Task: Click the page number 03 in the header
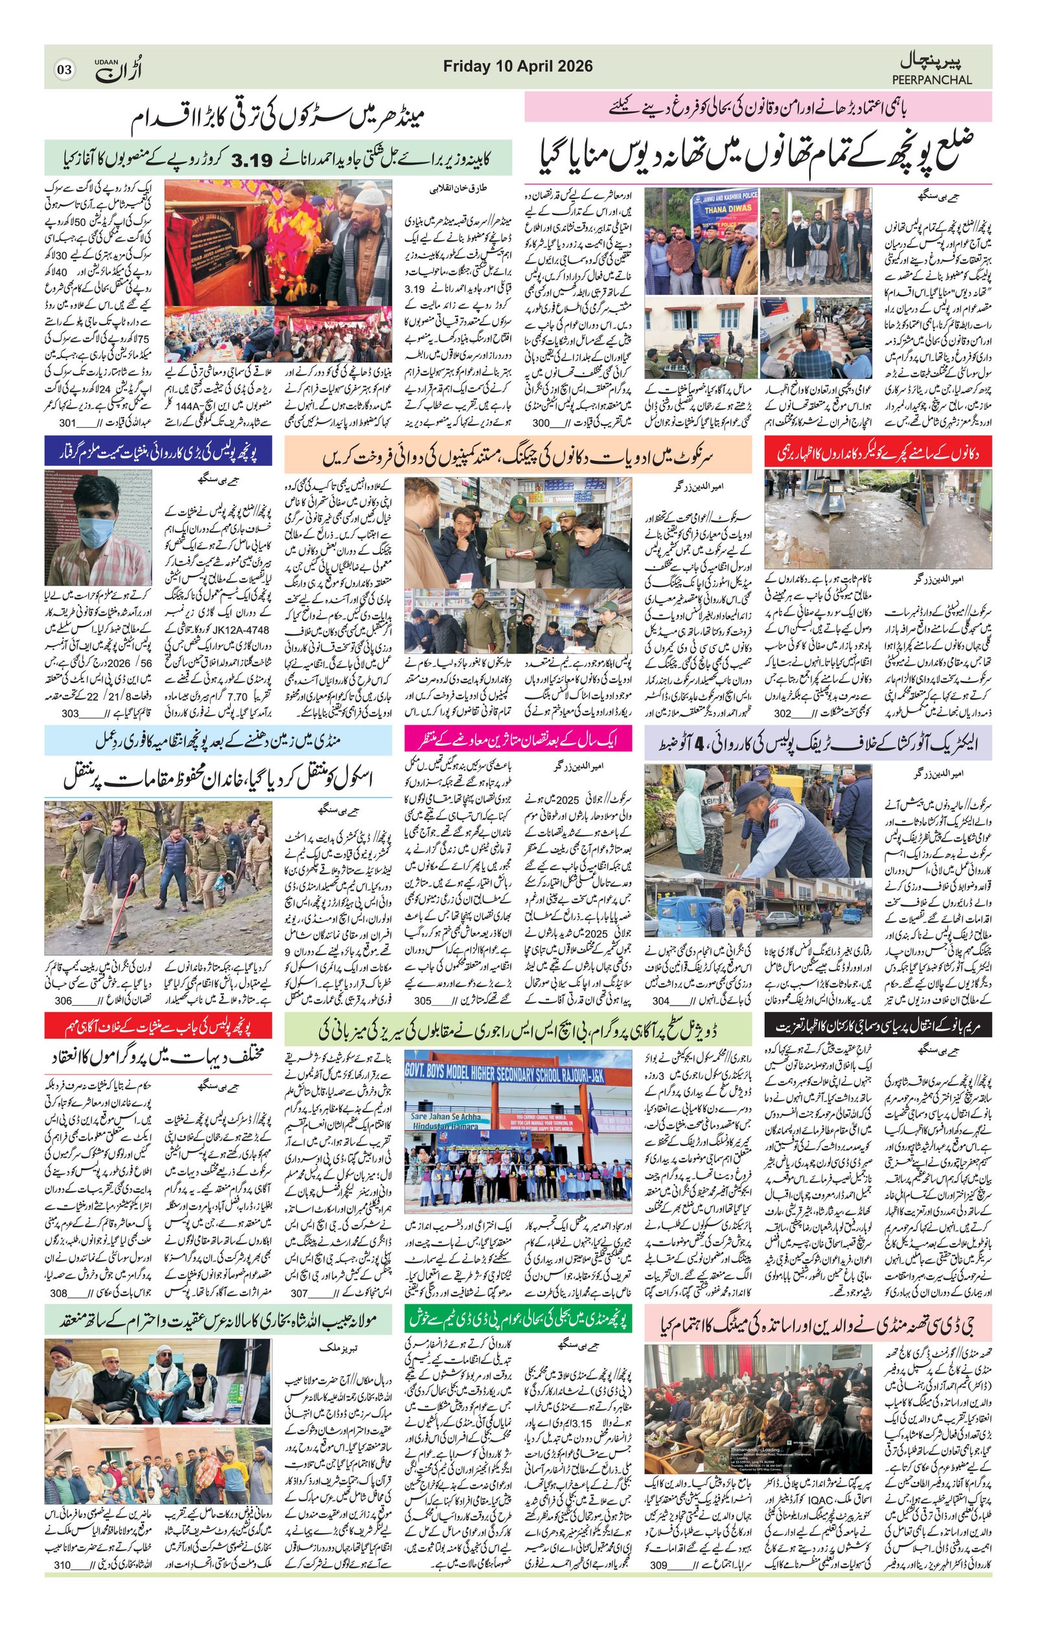(x=64, y=69)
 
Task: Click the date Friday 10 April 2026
(x=517, y=66)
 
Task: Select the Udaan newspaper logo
(x=117, y=69)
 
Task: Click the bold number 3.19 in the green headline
(x=251, y=159)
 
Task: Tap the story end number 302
(x=782, y=713)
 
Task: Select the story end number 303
(x=71, y=713)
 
